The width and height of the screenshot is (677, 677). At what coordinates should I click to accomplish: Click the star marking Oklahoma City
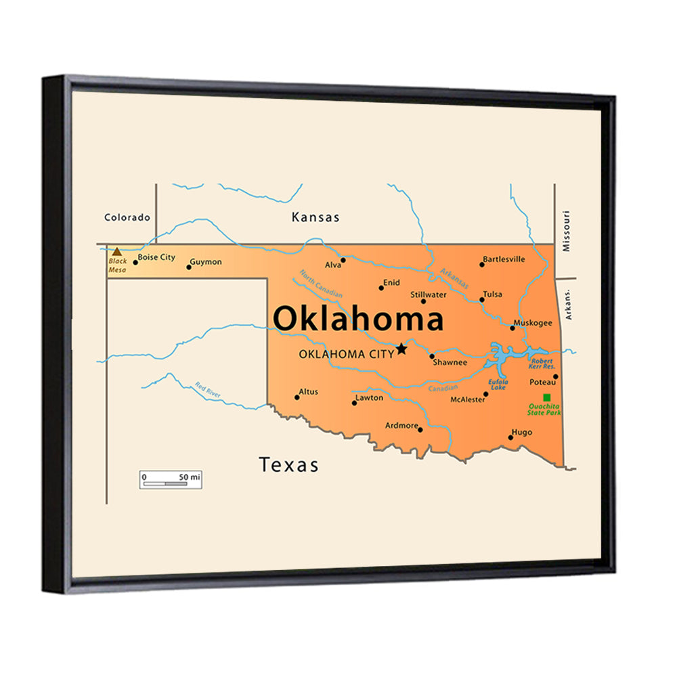click(401, 349)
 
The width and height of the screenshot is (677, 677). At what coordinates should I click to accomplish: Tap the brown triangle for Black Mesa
click(117, 252)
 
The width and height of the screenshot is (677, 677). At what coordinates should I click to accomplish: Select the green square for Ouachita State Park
click(547, 397)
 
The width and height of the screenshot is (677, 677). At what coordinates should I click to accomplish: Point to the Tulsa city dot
click(482, 299)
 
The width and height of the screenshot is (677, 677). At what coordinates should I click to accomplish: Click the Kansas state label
click(315, 217)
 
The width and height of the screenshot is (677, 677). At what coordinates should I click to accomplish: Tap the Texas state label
click(288, 465)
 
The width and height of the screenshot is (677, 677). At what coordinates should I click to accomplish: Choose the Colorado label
click(127, 217)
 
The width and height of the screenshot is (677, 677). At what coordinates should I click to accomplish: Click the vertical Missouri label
click(567, 231)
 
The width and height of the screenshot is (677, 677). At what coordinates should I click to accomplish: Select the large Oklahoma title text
click(358, 319)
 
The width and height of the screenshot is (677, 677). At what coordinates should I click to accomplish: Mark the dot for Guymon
click(189, 267)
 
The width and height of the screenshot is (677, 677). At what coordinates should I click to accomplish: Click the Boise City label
click(156, 257)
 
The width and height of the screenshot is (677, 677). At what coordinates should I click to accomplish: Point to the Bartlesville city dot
click(482, 264)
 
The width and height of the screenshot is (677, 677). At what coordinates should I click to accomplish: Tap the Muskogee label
click(533, 323)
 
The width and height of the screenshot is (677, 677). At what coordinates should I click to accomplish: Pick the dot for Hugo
click(510, 437)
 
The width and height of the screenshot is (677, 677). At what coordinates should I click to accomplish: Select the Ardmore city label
click(401, 426)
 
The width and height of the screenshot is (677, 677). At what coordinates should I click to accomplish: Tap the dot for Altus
click(297, 397)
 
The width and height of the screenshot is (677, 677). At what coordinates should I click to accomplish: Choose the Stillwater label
click(429, 294)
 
